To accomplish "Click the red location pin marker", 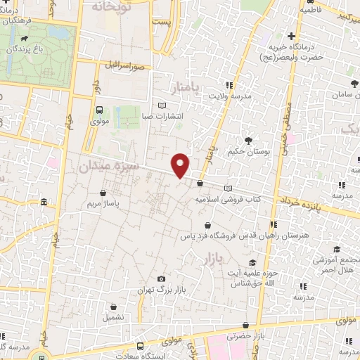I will point(181,165).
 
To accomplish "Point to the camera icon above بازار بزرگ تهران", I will point(162,279).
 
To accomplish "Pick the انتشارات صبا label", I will point(162,116).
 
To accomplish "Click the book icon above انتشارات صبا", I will point(162,105).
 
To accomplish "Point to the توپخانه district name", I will point(111,6).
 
